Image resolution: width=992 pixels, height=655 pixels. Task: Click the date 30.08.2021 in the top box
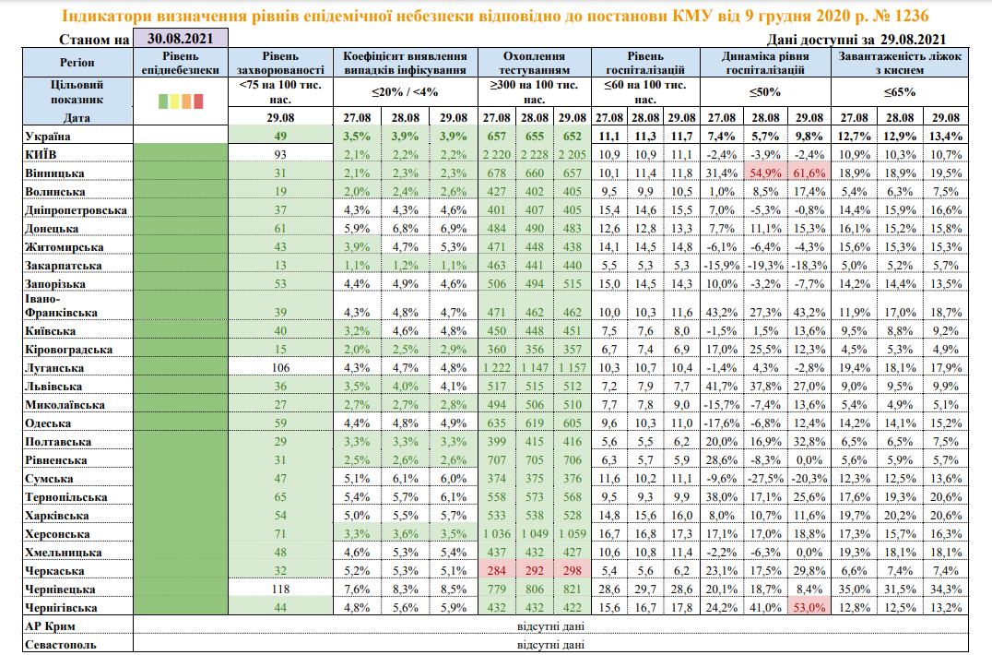coord(180,39)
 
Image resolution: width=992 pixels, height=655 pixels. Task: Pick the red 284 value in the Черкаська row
coord(496,570)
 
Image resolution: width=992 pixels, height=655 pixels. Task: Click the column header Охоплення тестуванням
coord(534,63)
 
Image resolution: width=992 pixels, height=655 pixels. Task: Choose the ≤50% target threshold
coord(764,92)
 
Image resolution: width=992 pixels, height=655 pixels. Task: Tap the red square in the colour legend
coord(209,101)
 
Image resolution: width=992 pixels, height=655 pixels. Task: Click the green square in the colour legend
coord(164,101)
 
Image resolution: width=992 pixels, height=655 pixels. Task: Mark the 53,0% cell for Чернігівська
coord(809,607)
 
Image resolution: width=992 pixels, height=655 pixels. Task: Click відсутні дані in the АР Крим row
coord(549,626)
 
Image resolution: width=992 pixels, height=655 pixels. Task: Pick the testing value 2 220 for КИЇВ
coord(495,153)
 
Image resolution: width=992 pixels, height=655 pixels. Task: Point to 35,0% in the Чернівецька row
coord(854,589)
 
